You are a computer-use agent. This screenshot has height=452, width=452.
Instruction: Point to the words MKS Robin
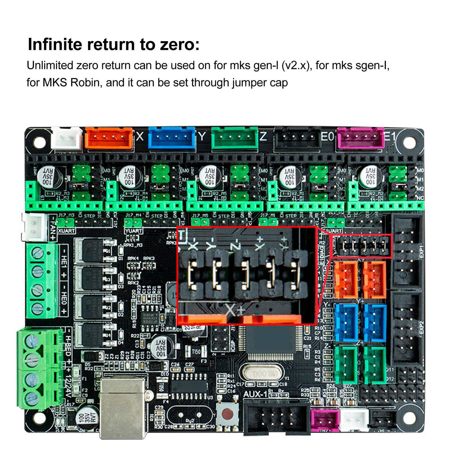(71, 82)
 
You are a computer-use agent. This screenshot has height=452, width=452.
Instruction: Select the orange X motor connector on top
(109, 138)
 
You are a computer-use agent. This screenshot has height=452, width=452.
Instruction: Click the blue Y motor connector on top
(172, 138)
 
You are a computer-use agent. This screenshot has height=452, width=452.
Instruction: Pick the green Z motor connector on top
(235, 138)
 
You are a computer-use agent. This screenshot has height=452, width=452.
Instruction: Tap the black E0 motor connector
(297, 138)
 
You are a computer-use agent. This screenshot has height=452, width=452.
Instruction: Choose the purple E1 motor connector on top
(361, 138)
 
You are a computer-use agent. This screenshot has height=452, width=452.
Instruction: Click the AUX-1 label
(255, 394)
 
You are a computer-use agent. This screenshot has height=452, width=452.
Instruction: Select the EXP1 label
(421, 251)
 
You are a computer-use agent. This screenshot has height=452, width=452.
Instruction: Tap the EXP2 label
(421, 327)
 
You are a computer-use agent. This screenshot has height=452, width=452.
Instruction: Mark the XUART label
(66, 231)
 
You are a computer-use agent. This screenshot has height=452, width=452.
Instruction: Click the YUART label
(133, 231)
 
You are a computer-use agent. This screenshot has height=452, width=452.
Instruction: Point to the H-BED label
(68, 346)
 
